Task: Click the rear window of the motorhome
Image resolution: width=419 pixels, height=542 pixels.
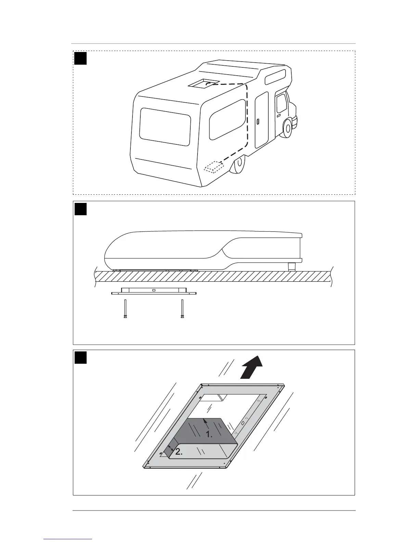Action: click(165, 127)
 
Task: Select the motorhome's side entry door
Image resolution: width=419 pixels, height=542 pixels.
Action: click(262, 119)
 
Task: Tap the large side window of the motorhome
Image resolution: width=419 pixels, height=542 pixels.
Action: click(228, 120)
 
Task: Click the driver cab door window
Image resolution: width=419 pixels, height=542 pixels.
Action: click(281, 103)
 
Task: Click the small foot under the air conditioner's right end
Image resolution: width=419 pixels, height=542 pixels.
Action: click(292, 267)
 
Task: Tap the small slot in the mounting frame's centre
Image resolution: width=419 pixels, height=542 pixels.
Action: click(154, 290)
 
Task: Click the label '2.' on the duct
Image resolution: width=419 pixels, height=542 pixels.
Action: click(179, 452)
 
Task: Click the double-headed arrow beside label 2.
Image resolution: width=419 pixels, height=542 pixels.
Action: click(171, 449)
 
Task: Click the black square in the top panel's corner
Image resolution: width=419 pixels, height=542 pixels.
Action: click(81, 59)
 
